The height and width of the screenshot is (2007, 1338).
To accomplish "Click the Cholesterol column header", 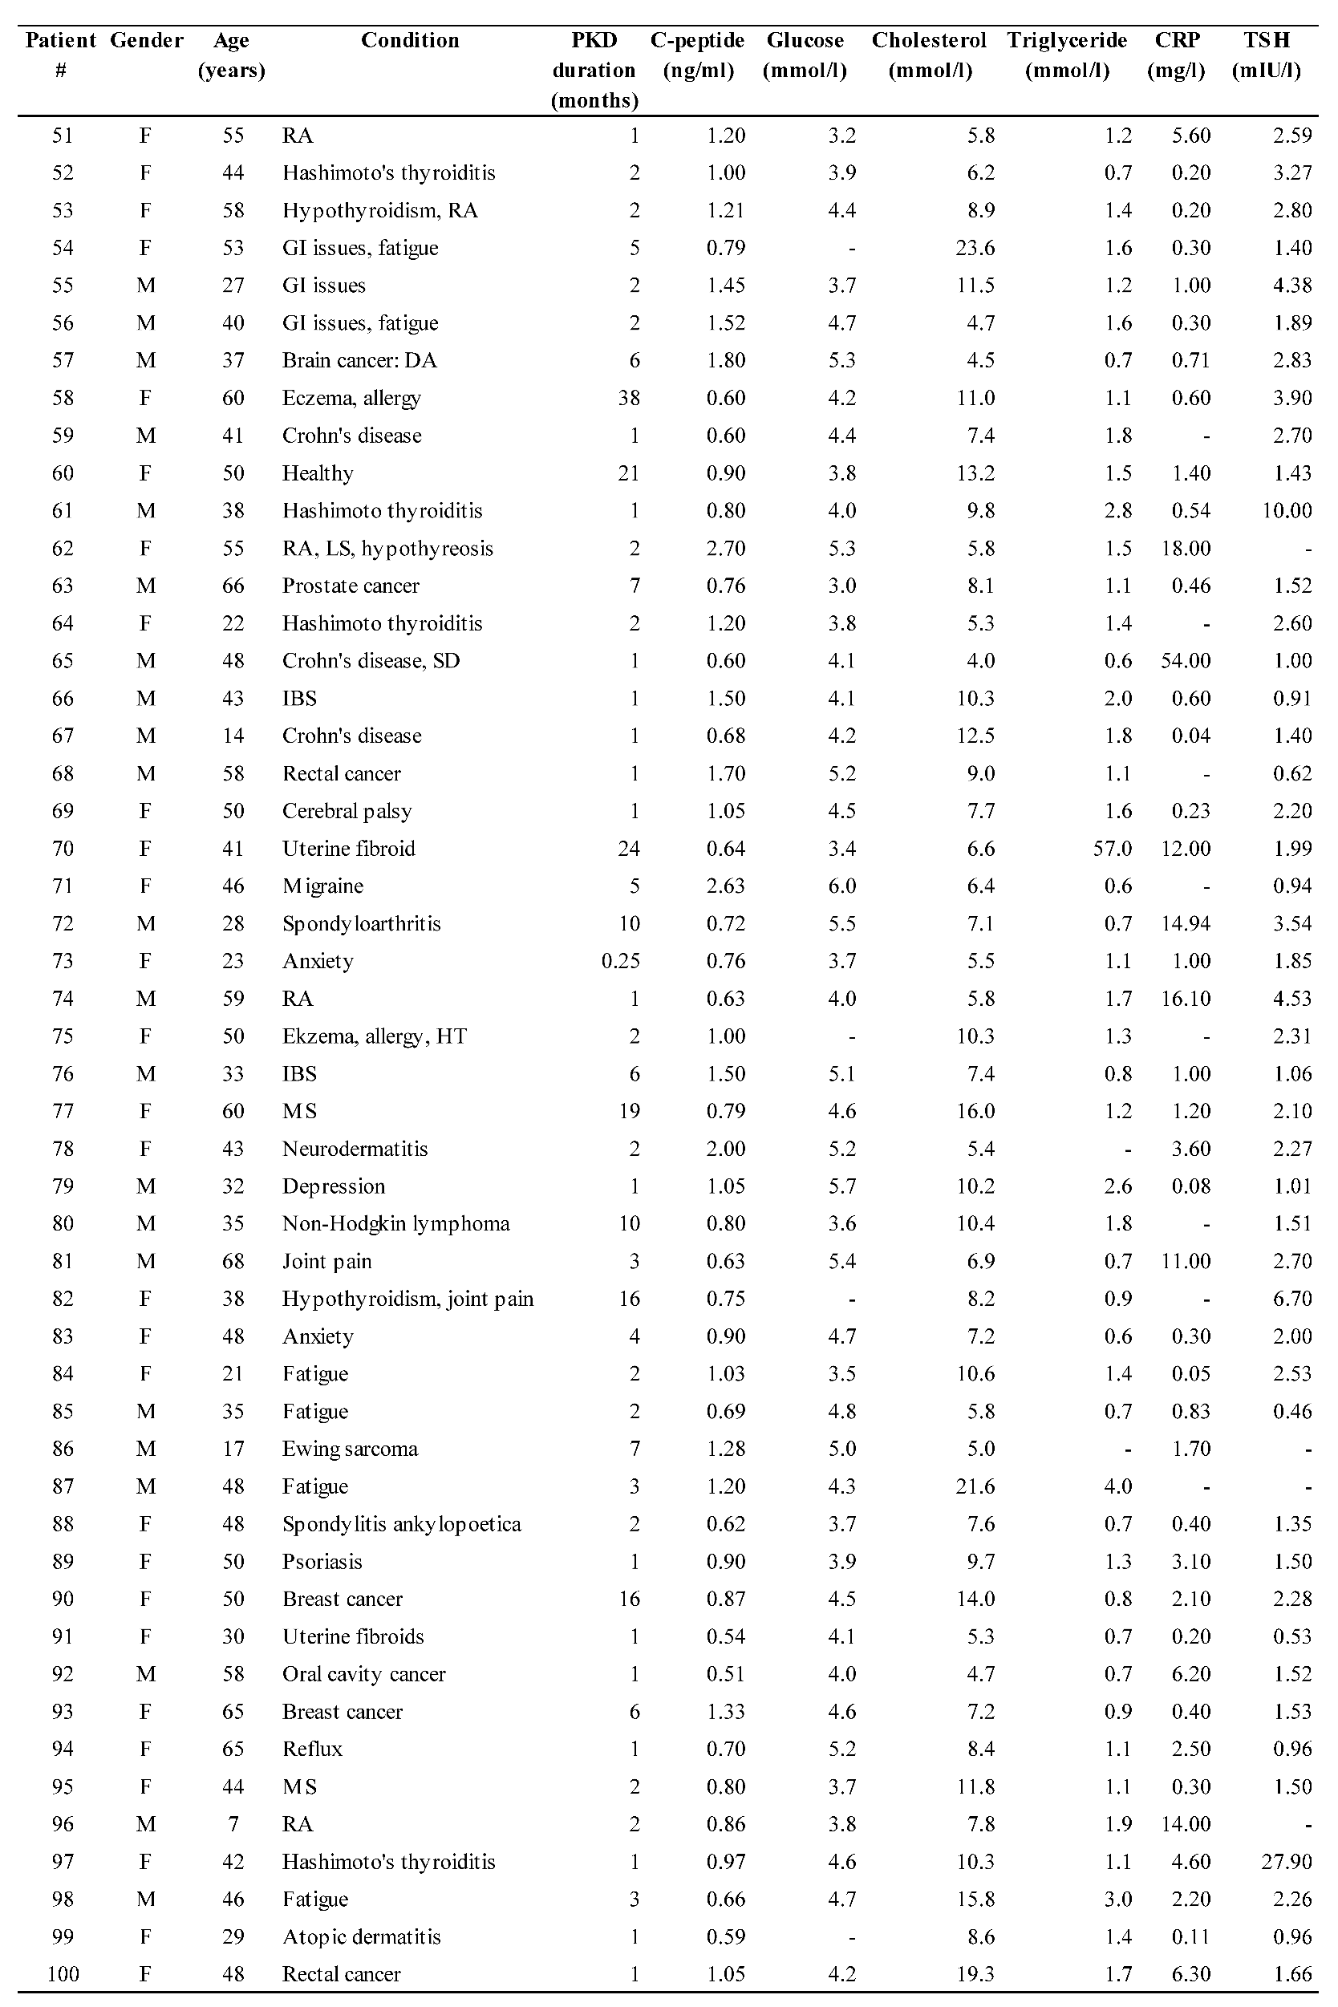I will pos(928,55).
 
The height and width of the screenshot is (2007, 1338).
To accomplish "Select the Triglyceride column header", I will pos(1067,55).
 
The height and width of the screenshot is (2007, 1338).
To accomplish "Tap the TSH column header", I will pos(1267,55).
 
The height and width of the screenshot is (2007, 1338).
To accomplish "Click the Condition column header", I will pos(410,40).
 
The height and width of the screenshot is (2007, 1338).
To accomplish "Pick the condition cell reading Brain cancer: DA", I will pos(359,360).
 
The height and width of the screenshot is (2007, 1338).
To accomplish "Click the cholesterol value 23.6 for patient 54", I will pos(975,247).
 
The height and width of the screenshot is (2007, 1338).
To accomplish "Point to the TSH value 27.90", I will pos(1286,1861).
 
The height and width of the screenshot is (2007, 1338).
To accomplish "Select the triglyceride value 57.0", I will pos(1112,848).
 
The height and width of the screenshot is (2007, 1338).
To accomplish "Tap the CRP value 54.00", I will pos(1186,660).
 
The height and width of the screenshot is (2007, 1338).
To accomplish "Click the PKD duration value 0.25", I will pos(620,961).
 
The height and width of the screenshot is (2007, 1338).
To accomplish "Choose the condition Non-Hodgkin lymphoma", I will pos(396,1223).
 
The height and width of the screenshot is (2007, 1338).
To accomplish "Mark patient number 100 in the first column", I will pos(63,1974).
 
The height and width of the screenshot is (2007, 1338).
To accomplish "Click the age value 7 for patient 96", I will pos(232,1823).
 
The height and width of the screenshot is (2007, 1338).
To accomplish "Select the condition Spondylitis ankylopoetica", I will pos(401,1524).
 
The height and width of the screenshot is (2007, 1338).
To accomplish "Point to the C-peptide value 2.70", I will pos(725,548).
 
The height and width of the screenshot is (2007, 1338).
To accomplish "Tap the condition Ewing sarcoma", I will pos(350,1449).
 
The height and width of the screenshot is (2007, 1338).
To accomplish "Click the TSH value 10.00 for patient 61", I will pos(1286,510).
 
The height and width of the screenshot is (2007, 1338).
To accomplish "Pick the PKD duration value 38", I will pos(629,398).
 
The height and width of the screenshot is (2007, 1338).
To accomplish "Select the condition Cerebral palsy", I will pos(347,811).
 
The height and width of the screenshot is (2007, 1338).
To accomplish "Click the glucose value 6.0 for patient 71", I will pos(841,886).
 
